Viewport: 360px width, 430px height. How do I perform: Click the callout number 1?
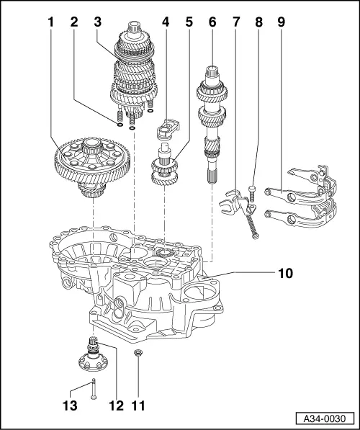coord(51,23)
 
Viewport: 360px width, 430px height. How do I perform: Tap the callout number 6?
coord(212,23)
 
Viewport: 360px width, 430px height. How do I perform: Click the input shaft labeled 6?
coord(212,115)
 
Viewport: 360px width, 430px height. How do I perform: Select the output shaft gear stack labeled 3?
coord(132,76)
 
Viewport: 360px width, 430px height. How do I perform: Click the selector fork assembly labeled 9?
coord(302,194)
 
